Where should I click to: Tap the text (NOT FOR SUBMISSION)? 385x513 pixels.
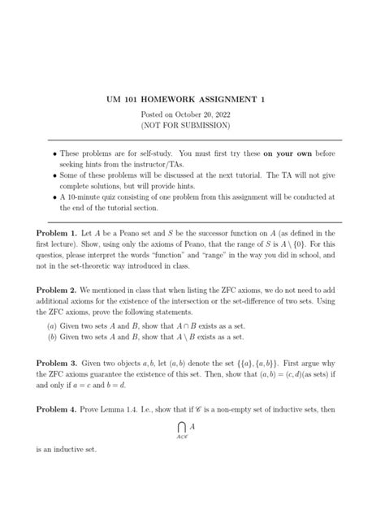tap(192, 126)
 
